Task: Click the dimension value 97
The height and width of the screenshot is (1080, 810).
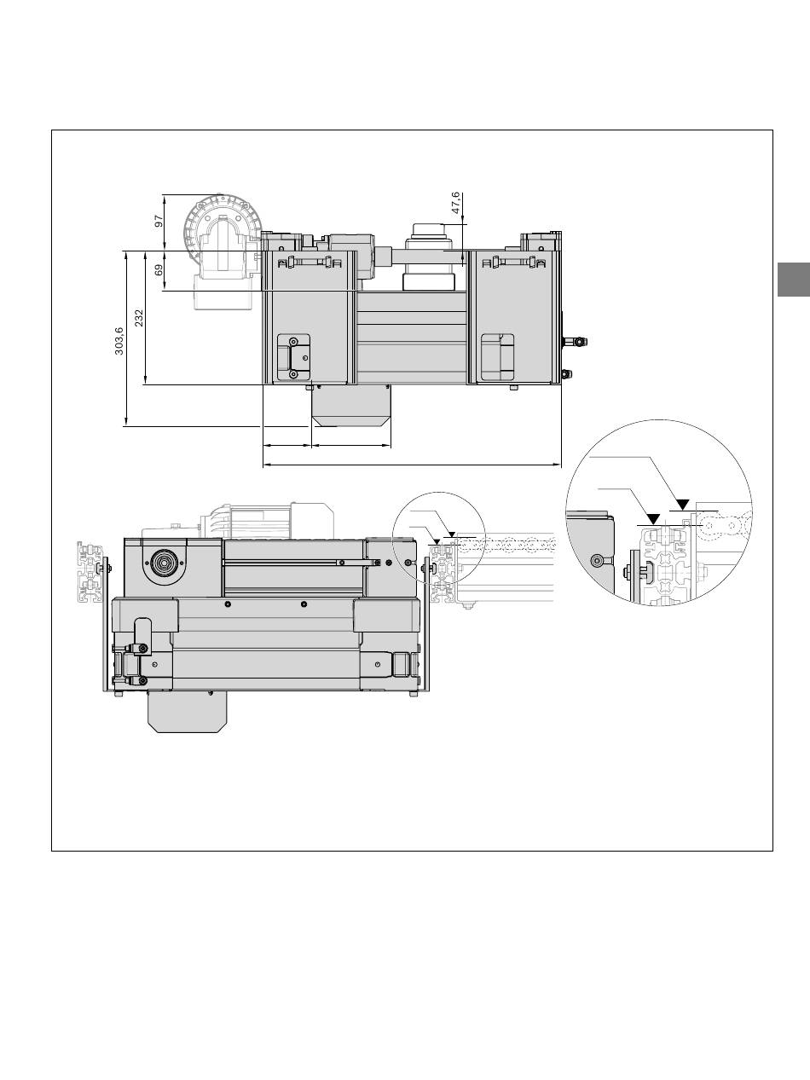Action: [x=159, y=221]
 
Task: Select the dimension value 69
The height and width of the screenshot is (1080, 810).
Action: [x=159, y=269]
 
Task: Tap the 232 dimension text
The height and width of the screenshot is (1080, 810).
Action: [x=139, y=318]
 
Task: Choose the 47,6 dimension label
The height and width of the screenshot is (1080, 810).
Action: [x=455, y=203]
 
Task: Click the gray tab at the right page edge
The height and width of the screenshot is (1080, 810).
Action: [x=793, y=280]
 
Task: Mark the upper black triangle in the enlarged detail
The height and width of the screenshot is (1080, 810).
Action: [x=683, y=504]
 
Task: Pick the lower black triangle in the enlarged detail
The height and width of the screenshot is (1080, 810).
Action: [x=653, y=518]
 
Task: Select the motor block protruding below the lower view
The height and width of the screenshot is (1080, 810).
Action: [x=187, y=711]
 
